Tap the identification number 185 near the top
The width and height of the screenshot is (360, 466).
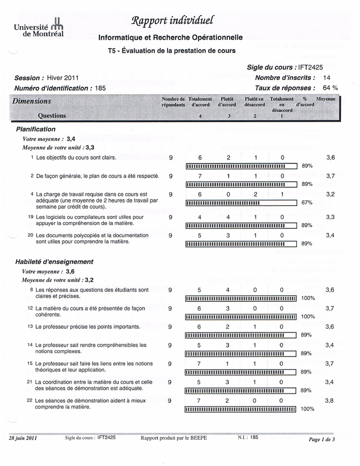click(x=100, y=88)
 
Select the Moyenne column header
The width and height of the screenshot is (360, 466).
click(x=326, y=99)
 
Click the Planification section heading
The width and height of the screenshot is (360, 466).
click(x=36, y=129)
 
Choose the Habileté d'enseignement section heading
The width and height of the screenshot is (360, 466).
click(x=54, y=261)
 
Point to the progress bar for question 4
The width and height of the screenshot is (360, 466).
click(x=241, y=202)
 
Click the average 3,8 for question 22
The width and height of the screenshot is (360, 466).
click(x=330, y=400)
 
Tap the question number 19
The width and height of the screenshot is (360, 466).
click(x=31, y=217)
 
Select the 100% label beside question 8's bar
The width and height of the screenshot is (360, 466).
click(x=308, y=298)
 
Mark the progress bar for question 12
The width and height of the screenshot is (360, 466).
click(x=241, y=316)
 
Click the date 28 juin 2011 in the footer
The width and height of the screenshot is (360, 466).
click(x=23, y=438)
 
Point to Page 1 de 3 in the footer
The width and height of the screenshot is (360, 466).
click(x=322, y=439)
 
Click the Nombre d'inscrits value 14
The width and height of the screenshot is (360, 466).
click(x=326, y=78)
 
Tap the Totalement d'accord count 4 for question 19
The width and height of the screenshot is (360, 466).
click(x=199, y=217)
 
